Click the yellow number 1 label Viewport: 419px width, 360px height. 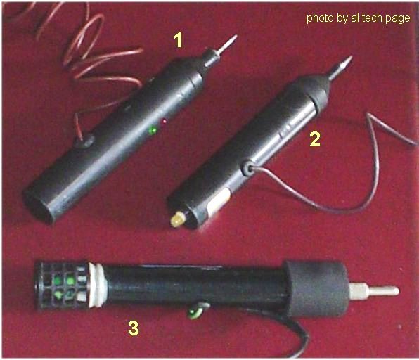[179, 40]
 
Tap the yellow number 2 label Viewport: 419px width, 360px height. [315, 139]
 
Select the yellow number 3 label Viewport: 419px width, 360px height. [134, 328]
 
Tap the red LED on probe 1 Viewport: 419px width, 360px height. [164, 121]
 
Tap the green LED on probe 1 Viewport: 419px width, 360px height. [153, 130]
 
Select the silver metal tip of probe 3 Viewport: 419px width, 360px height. [375, 290]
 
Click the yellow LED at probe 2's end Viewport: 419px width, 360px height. [178, 219]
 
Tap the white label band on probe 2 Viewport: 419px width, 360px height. [218, 201]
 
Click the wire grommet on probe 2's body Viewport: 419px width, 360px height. [247, 168]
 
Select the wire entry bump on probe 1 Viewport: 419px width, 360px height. [84, 140]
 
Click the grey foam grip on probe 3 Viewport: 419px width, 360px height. [316, 288]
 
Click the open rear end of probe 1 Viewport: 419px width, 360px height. [38, 205]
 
